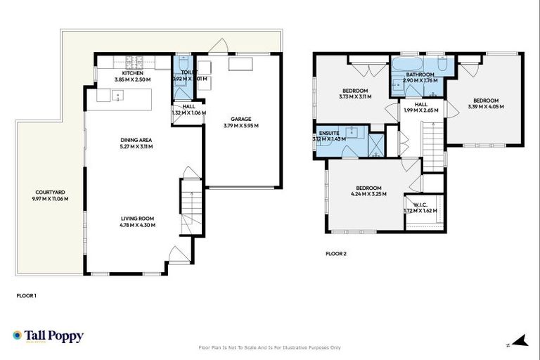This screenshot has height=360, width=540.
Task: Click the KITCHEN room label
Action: [133, 73]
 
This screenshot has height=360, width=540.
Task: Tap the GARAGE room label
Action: [241, 119]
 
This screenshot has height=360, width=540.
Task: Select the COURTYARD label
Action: [49, 192]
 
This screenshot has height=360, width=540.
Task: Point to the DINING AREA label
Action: [136, 140]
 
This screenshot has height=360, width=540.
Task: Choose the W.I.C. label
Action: [421, 203]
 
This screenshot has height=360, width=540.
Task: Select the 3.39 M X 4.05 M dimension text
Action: [486, 107]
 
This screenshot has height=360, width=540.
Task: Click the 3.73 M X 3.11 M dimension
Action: [355, 97]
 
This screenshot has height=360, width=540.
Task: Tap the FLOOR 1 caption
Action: [26, 296]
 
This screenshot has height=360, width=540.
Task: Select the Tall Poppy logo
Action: [48, 336]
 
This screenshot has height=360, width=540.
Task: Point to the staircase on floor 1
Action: [191, 203]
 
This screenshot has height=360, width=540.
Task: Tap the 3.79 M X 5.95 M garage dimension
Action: [241, 126]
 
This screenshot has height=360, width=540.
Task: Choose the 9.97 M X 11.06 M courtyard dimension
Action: [49, 199]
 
